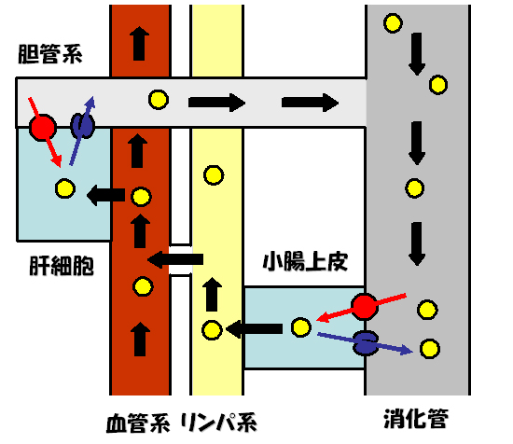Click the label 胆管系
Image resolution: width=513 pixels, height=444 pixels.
tap(50, 54)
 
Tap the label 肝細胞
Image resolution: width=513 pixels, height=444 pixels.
tap(62, 265)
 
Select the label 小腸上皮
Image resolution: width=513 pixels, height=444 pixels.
tap(305, 261)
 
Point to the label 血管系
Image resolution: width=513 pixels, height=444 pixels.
tap(138, 423)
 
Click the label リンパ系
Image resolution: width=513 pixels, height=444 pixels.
tap(218, 423)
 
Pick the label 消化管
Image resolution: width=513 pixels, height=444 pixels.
tap(416, 418)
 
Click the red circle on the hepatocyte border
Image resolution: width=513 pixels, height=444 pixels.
tap(43, 128)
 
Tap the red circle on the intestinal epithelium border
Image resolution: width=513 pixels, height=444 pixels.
tap(365, 306)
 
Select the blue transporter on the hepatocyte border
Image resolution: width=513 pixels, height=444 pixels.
tap(83, 126)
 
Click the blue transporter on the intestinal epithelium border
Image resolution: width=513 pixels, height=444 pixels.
tap(366, 343)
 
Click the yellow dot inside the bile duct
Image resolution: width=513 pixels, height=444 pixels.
tap(159, 100)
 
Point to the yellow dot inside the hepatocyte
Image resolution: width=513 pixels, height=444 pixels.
tap(65, 188)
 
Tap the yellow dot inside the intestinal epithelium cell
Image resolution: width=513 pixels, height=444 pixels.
tap(300, 327)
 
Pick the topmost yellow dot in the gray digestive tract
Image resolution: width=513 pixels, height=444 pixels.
tap(393, 23)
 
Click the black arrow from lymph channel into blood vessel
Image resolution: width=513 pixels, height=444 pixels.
tap(175, 259)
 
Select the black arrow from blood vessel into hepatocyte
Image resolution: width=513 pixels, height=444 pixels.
tap(105, 195)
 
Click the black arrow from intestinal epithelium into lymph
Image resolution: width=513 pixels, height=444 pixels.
tap(255, 328)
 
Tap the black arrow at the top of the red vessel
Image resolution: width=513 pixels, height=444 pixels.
tap(139, 43)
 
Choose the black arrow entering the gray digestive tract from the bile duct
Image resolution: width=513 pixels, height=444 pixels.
tap(310, 103)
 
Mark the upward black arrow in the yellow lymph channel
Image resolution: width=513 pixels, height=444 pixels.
tap(212, 294)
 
